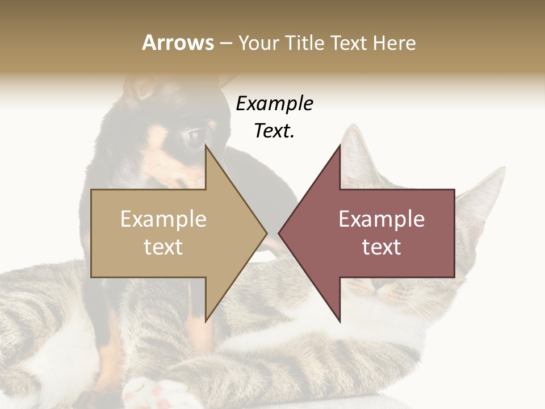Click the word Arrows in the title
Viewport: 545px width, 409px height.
click(177, 43)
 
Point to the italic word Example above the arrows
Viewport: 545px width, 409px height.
click(275, 104)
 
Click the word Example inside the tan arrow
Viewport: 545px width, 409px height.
click(163, 219)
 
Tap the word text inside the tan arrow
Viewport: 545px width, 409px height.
click(163, 247)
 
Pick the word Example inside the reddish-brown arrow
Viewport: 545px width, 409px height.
click(381, 219)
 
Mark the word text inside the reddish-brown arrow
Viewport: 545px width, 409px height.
click(381, 247)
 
